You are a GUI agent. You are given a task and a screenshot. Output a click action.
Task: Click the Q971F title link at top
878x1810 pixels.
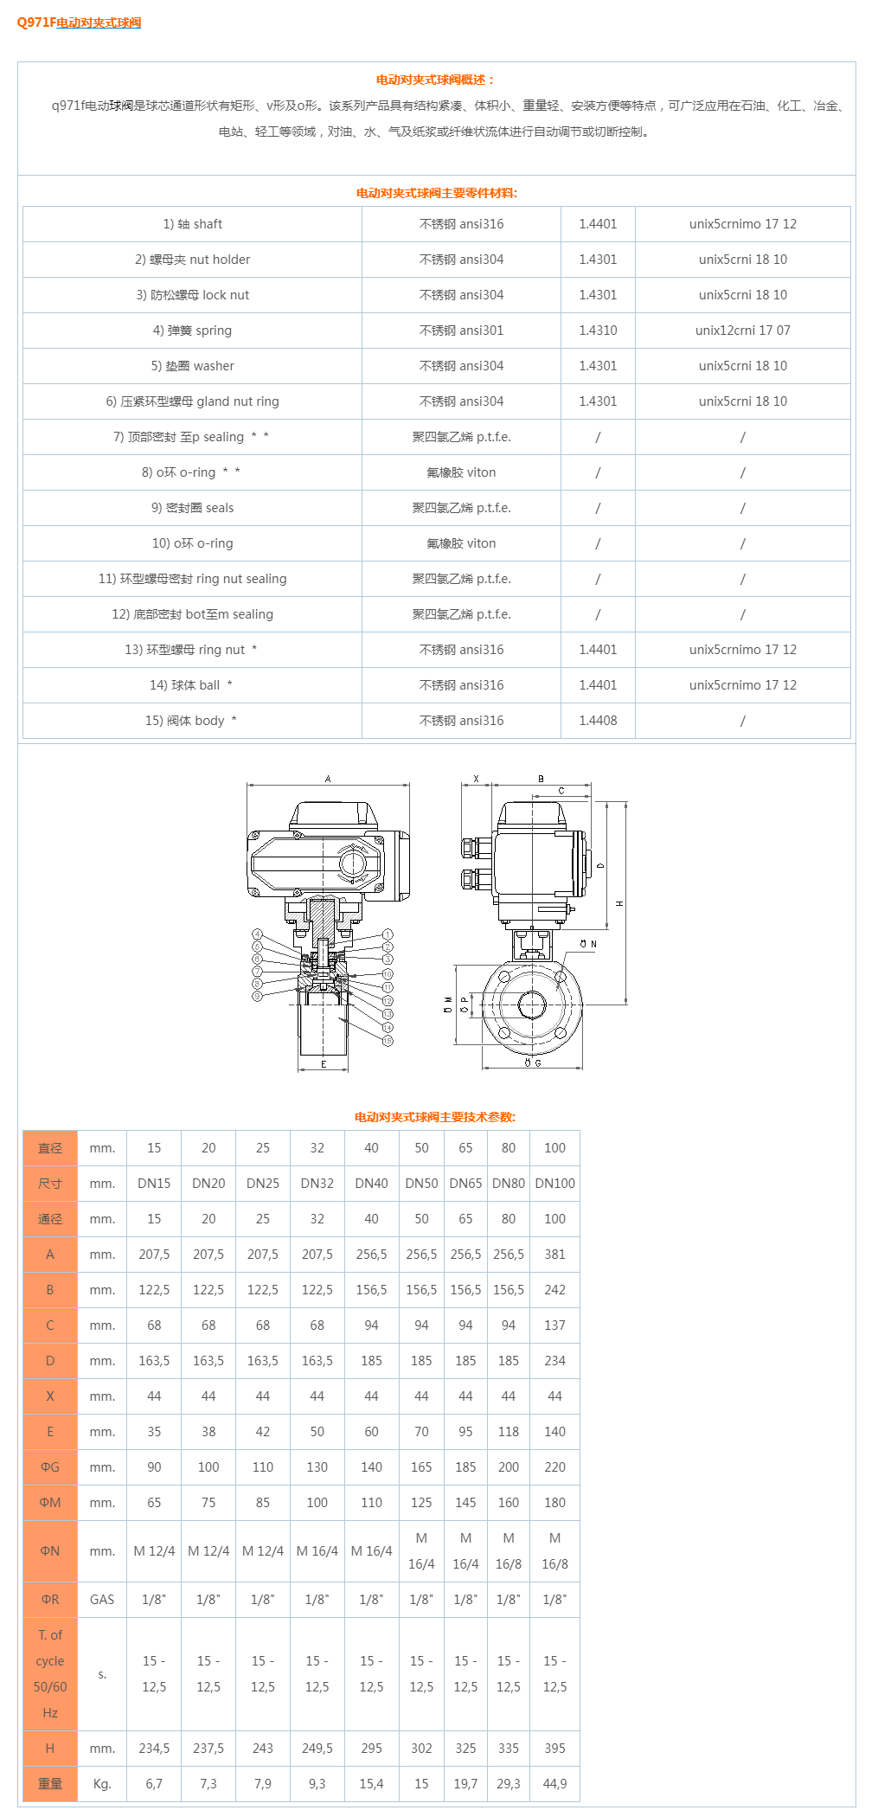(x=80, y=22)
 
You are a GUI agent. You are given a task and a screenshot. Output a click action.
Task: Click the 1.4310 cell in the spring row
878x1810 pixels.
(x=598, y=331)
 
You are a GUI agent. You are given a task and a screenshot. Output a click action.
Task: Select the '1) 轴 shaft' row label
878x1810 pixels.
(x=192, y=224)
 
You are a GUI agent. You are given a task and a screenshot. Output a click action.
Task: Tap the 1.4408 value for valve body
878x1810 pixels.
(x=598, y=721)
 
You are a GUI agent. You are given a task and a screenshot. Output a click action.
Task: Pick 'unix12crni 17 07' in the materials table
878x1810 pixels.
(x=742, y=331)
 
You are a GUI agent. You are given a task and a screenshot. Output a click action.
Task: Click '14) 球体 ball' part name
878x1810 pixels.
(x=190, y=685)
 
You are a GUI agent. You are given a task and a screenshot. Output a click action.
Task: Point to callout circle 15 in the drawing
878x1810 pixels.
(x=388, y=1041)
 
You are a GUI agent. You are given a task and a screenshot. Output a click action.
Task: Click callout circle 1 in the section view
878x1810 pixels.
(x=388, y=934)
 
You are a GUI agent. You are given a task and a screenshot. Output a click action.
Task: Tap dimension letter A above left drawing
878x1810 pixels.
(x=328, y=779)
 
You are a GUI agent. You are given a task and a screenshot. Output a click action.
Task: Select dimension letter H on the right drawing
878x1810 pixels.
(x=619, y=903)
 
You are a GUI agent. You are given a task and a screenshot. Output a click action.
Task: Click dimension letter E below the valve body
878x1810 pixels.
(x=324, y=1064)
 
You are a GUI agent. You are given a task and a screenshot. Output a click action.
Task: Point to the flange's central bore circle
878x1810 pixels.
(x=532, y=1004)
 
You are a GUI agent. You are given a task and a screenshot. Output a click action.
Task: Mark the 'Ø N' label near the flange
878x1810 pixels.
(x=588, y=944)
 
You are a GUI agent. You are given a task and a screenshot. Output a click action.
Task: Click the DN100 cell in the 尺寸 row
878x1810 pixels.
(x=554, y=1184)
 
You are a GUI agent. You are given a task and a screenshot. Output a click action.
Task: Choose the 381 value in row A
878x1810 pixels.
(x=554, y=1255)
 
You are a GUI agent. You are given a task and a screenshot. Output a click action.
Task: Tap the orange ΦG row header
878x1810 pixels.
(x=50, y=1467)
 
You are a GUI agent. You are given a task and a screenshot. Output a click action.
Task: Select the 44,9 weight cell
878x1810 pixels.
(x=554, y=1784)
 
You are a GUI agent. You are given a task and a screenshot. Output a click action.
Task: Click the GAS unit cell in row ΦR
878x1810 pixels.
(x=102, y=1600)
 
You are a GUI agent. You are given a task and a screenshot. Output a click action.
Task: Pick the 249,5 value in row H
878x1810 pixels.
(x=317, y=1749)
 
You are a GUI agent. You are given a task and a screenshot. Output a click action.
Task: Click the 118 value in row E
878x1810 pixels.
(x=509, y=1432)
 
